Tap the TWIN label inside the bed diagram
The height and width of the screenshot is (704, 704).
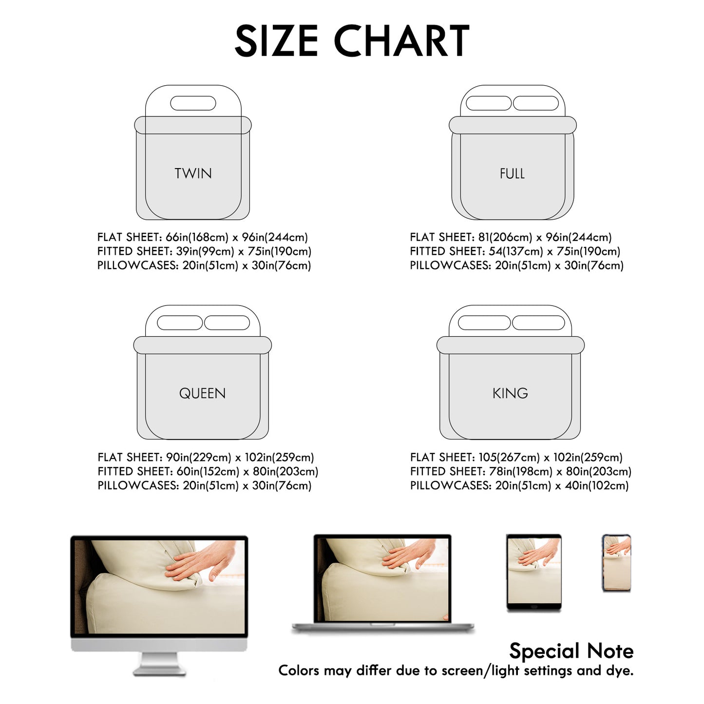point(193,173)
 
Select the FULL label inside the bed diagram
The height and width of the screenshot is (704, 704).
point(512,173)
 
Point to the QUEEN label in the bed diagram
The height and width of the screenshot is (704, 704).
point(202,394)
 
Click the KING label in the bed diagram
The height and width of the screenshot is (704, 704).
point(510,394)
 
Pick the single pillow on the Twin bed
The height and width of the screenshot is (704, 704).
point(193,103)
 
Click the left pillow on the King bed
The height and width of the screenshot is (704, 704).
point(484,323)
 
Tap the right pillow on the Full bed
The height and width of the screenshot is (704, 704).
point(536,103)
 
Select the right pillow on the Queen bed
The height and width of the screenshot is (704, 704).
point(227,323)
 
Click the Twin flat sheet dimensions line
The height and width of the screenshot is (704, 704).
point(203,237)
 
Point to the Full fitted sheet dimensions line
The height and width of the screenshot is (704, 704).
point(515,251)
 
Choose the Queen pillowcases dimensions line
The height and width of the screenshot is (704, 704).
point(205,486)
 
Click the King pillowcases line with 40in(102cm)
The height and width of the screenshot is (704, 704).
point(519,486)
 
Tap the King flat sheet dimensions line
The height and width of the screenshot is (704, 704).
point(516,457)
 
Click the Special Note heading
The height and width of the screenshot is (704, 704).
point(571,651)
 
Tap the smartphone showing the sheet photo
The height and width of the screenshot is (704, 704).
point(616,563)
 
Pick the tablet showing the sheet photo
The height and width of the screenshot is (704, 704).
point(534,572)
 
